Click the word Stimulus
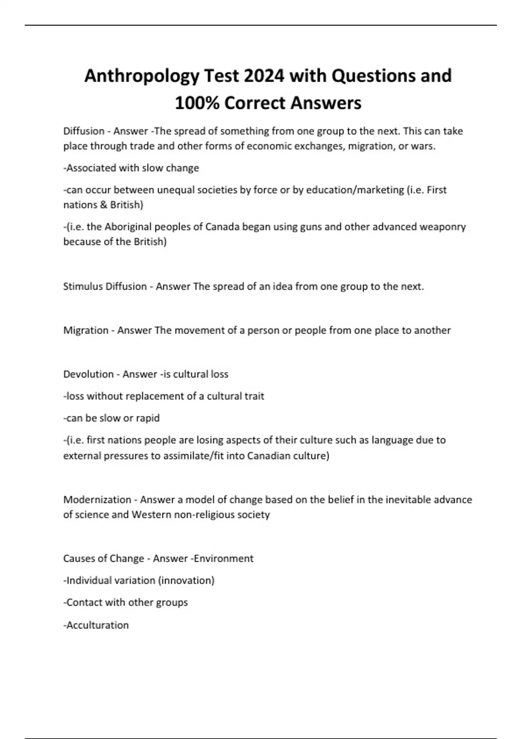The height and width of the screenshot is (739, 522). (83, 286)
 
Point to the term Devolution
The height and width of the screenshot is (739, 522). (87, 374)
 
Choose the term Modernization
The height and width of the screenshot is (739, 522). (97, 500)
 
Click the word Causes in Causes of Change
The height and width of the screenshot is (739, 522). (77, 559)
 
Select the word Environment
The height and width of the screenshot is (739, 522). (224, 559)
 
